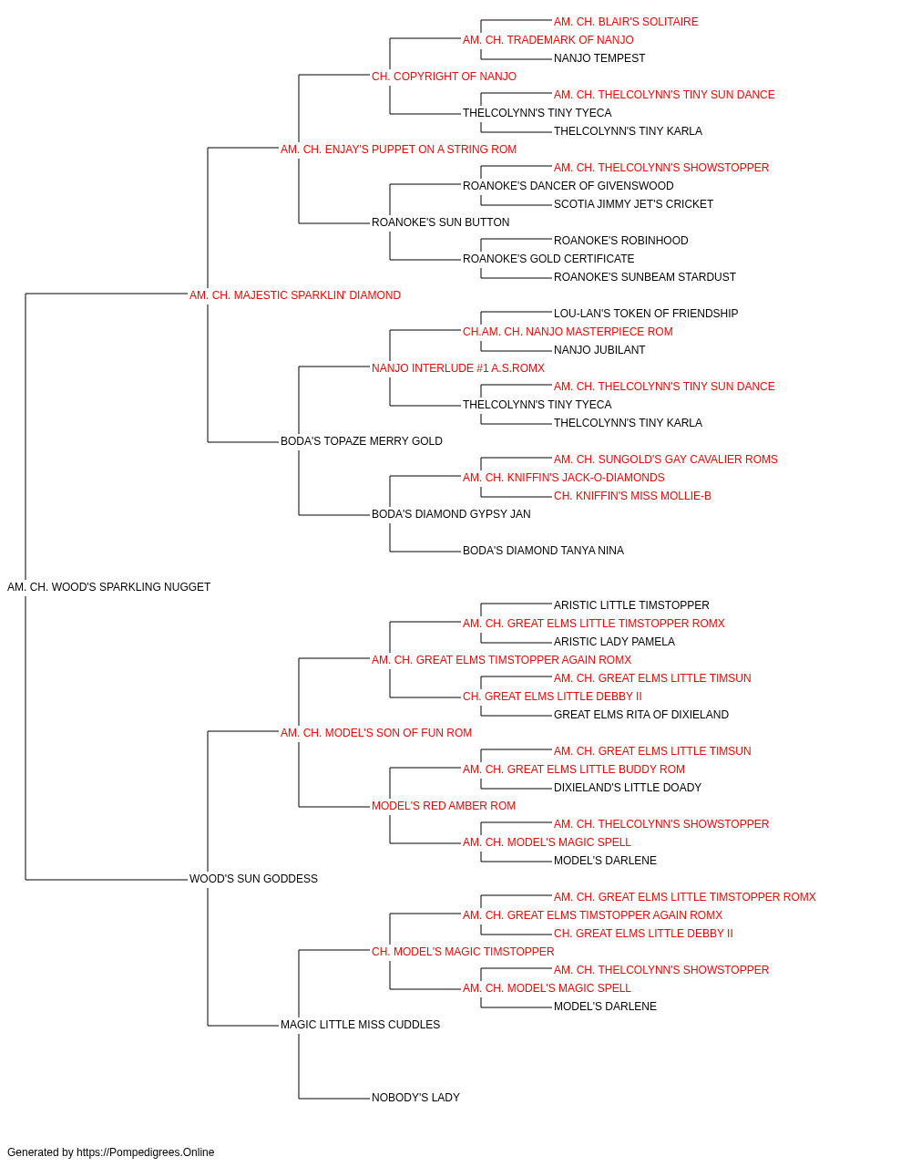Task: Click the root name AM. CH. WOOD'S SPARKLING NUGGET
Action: [109, 587]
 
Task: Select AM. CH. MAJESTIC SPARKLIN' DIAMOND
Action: [295, 295]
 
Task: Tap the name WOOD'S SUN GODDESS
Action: [253, 879]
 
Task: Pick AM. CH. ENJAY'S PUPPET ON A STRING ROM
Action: [399, 150]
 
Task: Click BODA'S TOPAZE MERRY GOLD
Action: [362, 441]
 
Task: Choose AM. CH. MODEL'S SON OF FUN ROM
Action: [376, 733]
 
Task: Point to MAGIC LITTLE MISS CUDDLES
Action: [360, 1025]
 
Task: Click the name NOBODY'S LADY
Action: [415, 1098]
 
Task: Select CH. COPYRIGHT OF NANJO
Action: [445, 77]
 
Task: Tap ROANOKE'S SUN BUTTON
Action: [441, 222]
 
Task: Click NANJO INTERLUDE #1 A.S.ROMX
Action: [458, 368]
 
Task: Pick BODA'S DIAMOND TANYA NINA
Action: [544, 551]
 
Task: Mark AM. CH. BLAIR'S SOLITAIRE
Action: [626, 22]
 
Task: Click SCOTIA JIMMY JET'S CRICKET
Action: [634, 204]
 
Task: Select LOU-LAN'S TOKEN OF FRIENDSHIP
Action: [646, 314]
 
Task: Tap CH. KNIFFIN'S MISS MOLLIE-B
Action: [632, 496]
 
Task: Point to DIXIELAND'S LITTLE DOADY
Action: [628, 788]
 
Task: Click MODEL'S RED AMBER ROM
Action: [444, 806]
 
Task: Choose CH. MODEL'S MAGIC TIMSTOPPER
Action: [463, 952]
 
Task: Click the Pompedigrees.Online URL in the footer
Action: [146, 1152]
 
